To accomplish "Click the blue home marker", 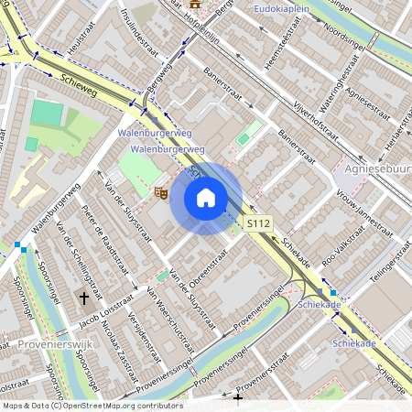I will [x=206, y=198].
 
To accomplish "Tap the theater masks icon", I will [x=160, y=192].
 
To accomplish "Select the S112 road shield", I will [x=259, y=222].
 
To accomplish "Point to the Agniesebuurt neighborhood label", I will [x=376, y=169].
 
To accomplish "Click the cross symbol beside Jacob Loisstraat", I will [x=84, y=298].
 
